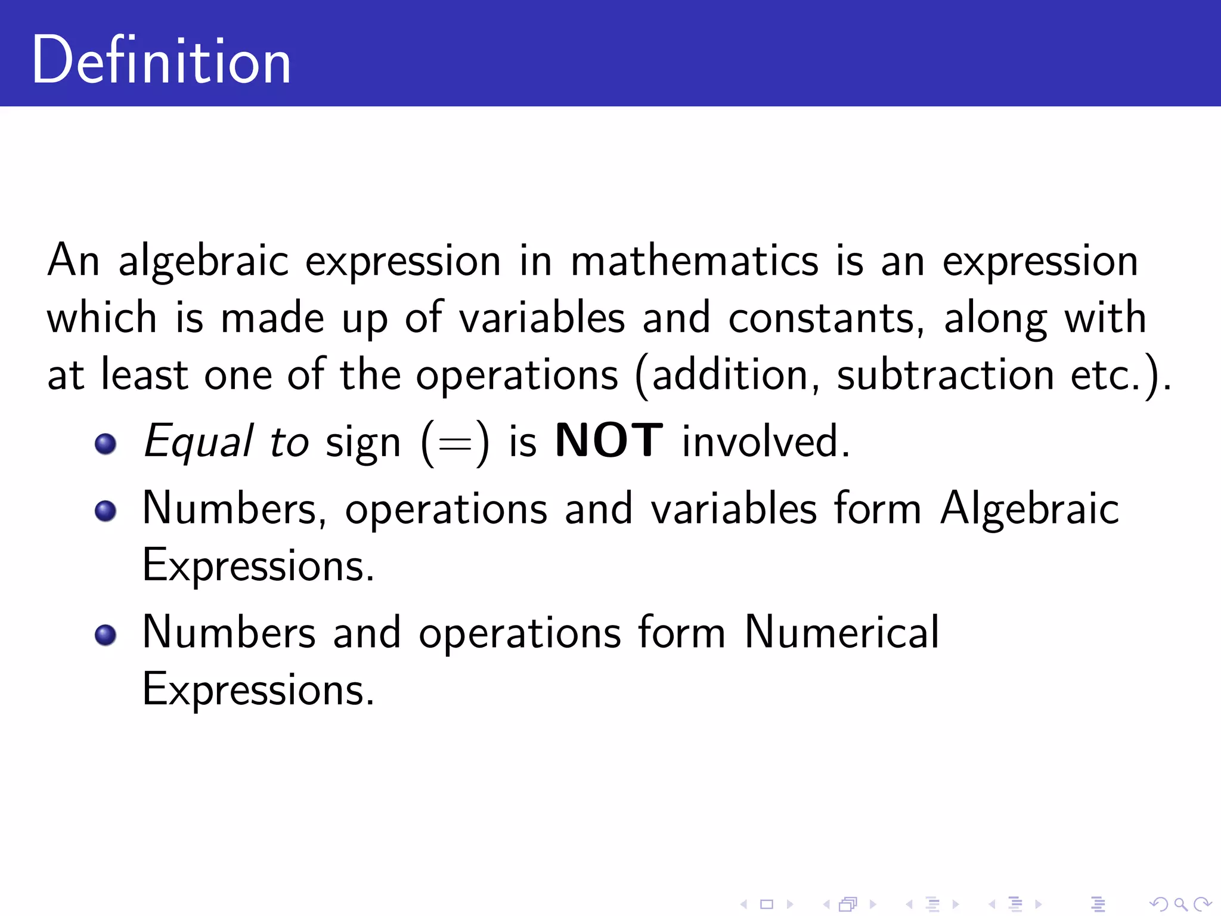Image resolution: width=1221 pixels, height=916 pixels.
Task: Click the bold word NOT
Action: point(609,441)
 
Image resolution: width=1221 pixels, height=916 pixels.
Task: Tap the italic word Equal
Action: point(199,441)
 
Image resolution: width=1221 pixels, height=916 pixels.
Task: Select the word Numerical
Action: point(841,632)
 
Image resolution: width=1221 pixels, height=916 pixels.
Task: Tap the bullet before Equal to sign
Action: point(106,443)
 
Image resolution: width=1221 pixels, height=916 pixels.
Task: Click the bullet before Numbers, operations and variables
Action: point(106,510)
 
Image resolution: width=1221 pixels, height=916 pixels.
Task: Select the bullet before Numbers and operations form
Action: point(106,635)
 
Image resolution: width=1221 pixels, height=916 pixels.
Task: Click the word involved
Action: point(765,441)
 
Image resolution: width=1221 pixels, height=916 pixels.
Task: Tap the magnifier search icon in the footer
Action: point(1180,905)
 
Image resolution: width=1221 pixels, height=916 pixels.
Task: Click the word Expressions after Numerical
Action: point(258,689)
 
